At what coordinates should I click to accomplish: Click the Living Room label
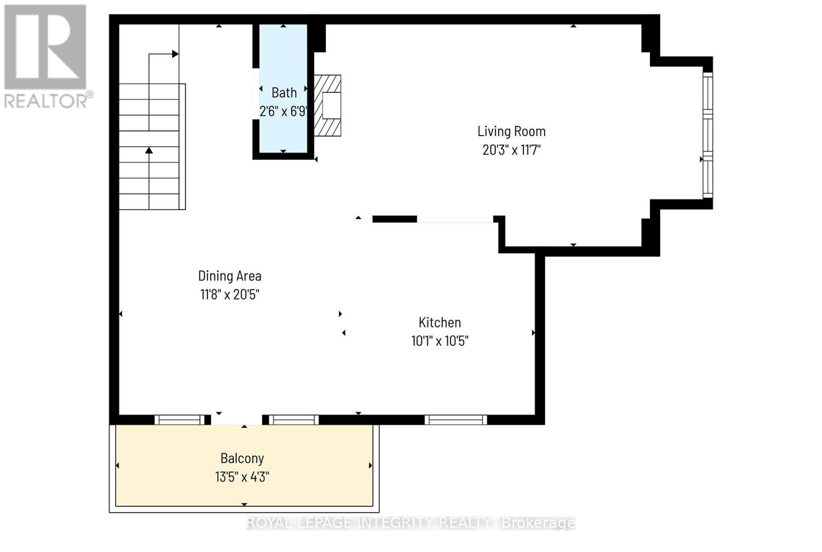pyautogui.click(x=511, y=131)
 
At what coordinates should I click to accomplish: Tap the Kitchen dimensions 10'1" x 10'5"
pyautogui.click(x=440, y=341)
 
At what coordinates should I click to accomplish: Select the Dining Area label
pyautogui.click(x=230, y=276)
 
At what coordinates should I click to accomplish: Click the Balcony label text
pyautogui.click(x=242, y=458)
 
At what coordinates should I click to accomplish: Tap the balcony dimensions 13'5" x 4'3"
pyautogui.click(x=242, y=477)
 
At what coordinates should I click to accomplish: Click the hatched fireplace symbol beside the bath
pyautogui.click(x=327, y=105)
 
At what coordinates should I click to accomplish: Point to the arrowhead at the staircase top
pyautogui.click(x=175, y=54)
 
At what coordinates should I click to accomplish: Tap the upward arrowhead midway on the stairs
pyautogui.click(x=149, y=150)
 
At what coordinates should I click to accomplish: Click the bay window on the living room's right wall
pyautogui.click(x=708, y=135)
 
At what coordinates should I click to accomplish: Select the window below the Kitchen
pyautogui.click(x=456, y=420)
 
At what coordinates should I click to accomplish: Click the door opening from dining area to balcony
pyautogui.click(x=236, y=420)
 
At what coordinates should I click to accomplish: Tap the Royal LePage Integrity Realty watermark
pyautogui.click(x=410, y=523)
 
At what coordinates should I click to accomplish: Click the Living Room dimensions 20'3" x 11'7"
pyautogui.click(x=511, y=150)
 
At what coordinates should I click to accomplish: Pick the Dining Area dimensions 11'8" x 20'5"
pyautogui.click(x=230, y=295)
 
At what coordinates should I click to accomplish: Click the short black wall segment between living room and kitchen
pyautogui.click(x=394, y=219)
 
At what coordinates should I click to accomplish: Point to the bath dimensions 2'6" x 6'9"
pyautogui.click(x=283, y=111)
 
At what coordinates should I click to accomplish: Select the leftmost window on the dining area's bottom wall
pyautogui.click(x=180, y=420)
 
